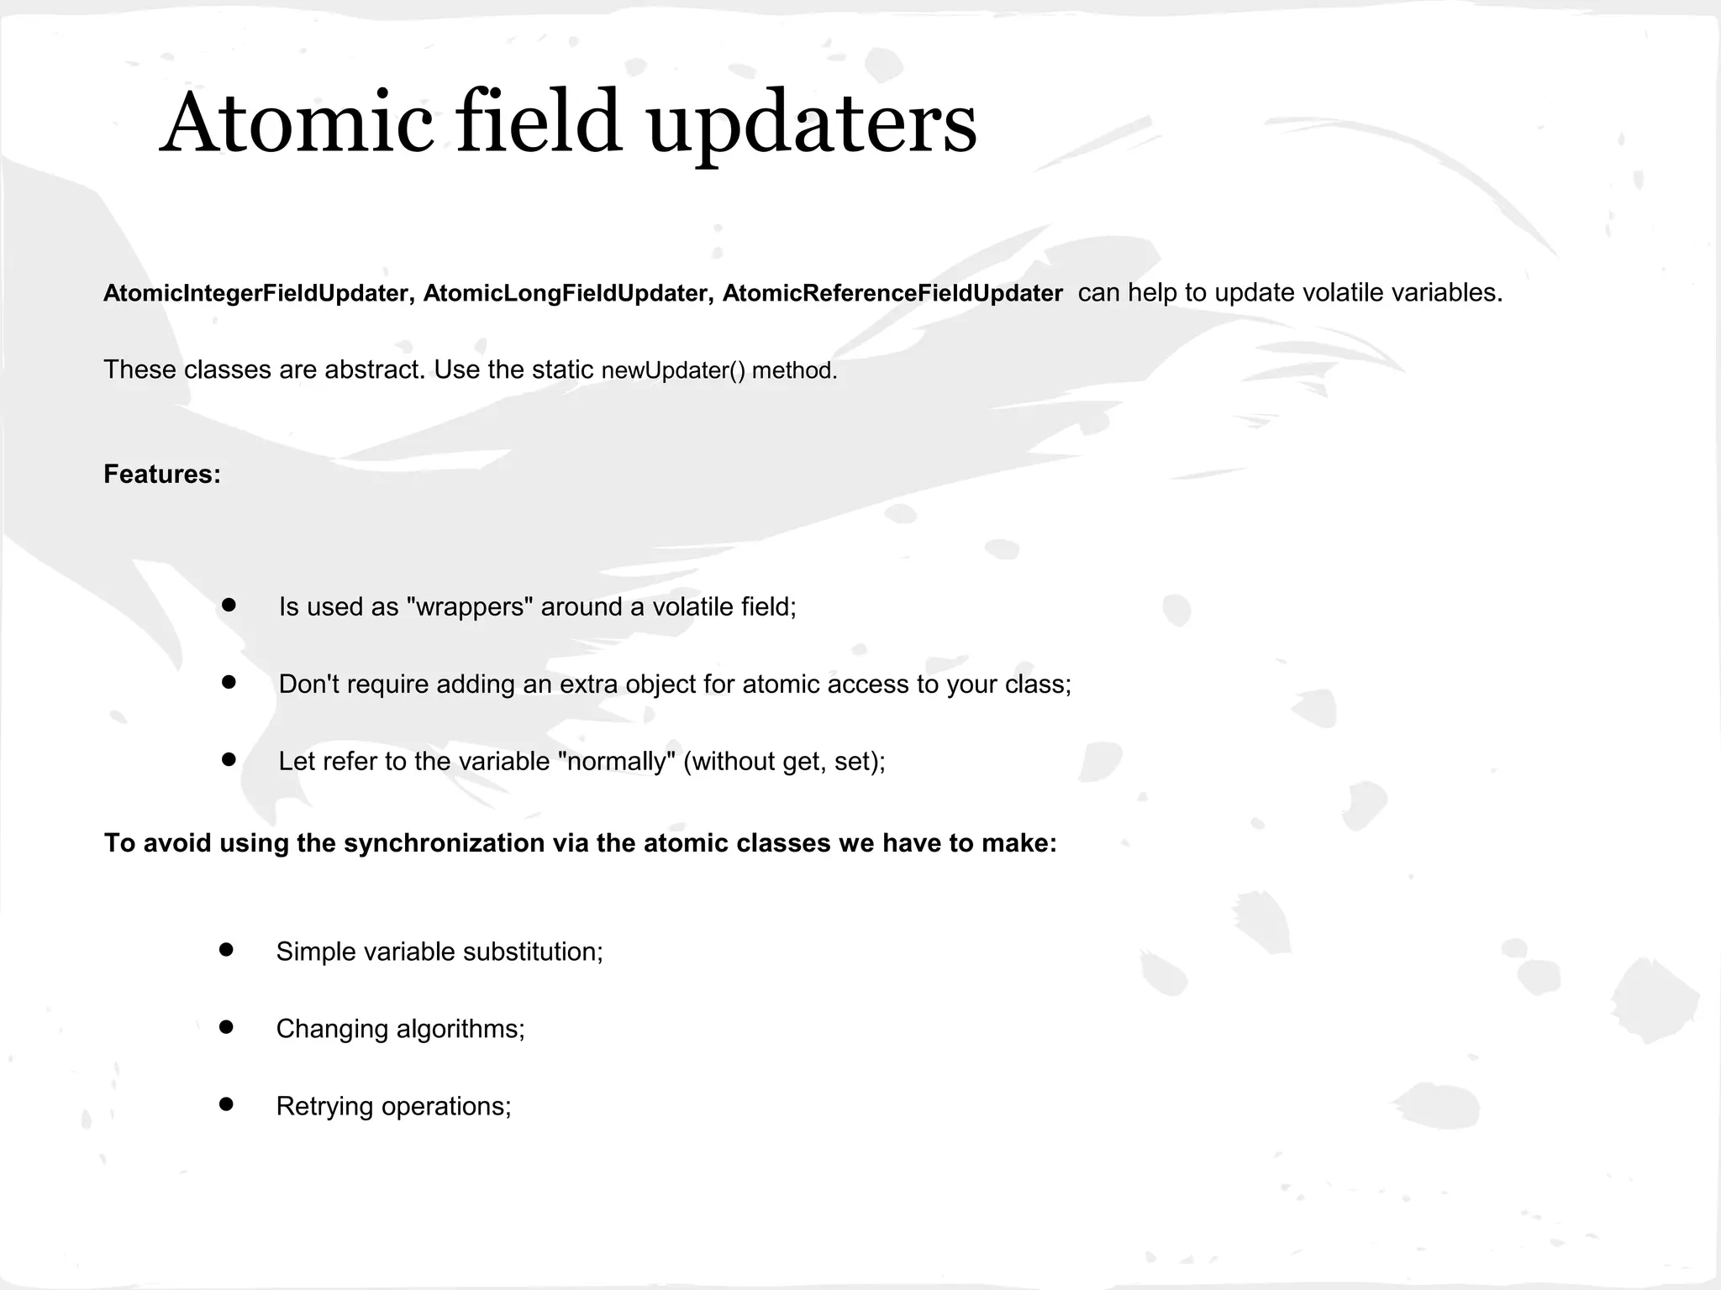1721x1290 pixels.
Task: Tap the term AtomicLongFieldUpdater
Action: pyautogui.click(x=565, y=293)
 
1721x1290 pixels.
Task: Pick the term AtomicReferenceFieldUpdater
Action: pyautogui.click(x=892, y=293)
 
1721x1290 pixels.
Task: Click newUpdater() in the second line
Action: pyautogui.click(x=673, y=370)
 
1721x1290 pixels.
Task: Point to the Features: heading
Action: pyautogui.click(x=162, y=475)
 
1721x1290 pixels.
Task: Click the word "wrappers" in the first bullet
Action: pyautogui.click(x=470, y=606)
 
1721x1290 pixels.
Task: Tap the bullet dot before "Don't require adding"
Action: pyautogui.click(x=229, y=682)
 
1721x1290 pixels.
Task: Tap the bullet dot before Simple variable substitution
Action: pyautogui.click(x=226, y=950)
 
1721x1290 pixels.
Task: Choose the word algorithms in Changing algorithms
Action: pyautogui.click(x=460, y=1029)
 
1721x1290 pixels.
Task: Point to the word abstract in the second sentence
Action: pyautogui.click(x=372, y=370)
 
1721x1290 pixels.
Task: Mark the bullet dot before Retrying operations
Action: pyautogui.click(x=226, y=1104)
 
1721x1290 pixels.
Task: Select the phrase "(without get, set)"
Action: pyautogui.click(x=783, y=762)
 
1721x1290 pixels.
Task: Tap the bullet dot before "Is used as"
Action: pyautogui.click(x=229, y=605)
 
